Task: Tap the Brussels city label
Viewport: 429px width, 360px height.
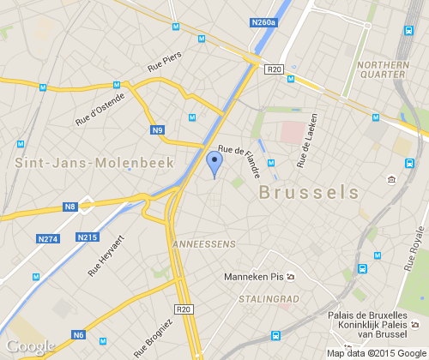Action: point(309,191)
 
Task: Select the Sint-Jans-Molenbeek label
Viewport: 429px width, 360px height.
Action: point(94,162)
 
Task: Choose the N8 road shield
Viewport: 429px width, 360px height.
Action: point(70,207)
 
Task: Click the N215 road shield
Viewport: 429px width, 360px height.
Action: point(88,237)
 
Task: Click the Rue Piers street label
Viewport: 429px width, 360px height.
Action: point(166,61)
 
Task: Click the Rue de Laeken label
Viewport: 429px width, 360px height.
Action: point(307,140)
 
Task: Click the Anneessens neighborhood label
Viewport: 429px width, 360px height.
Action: point(203,244)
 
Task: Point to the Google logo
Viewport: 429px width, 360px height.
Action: point(30,346)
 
